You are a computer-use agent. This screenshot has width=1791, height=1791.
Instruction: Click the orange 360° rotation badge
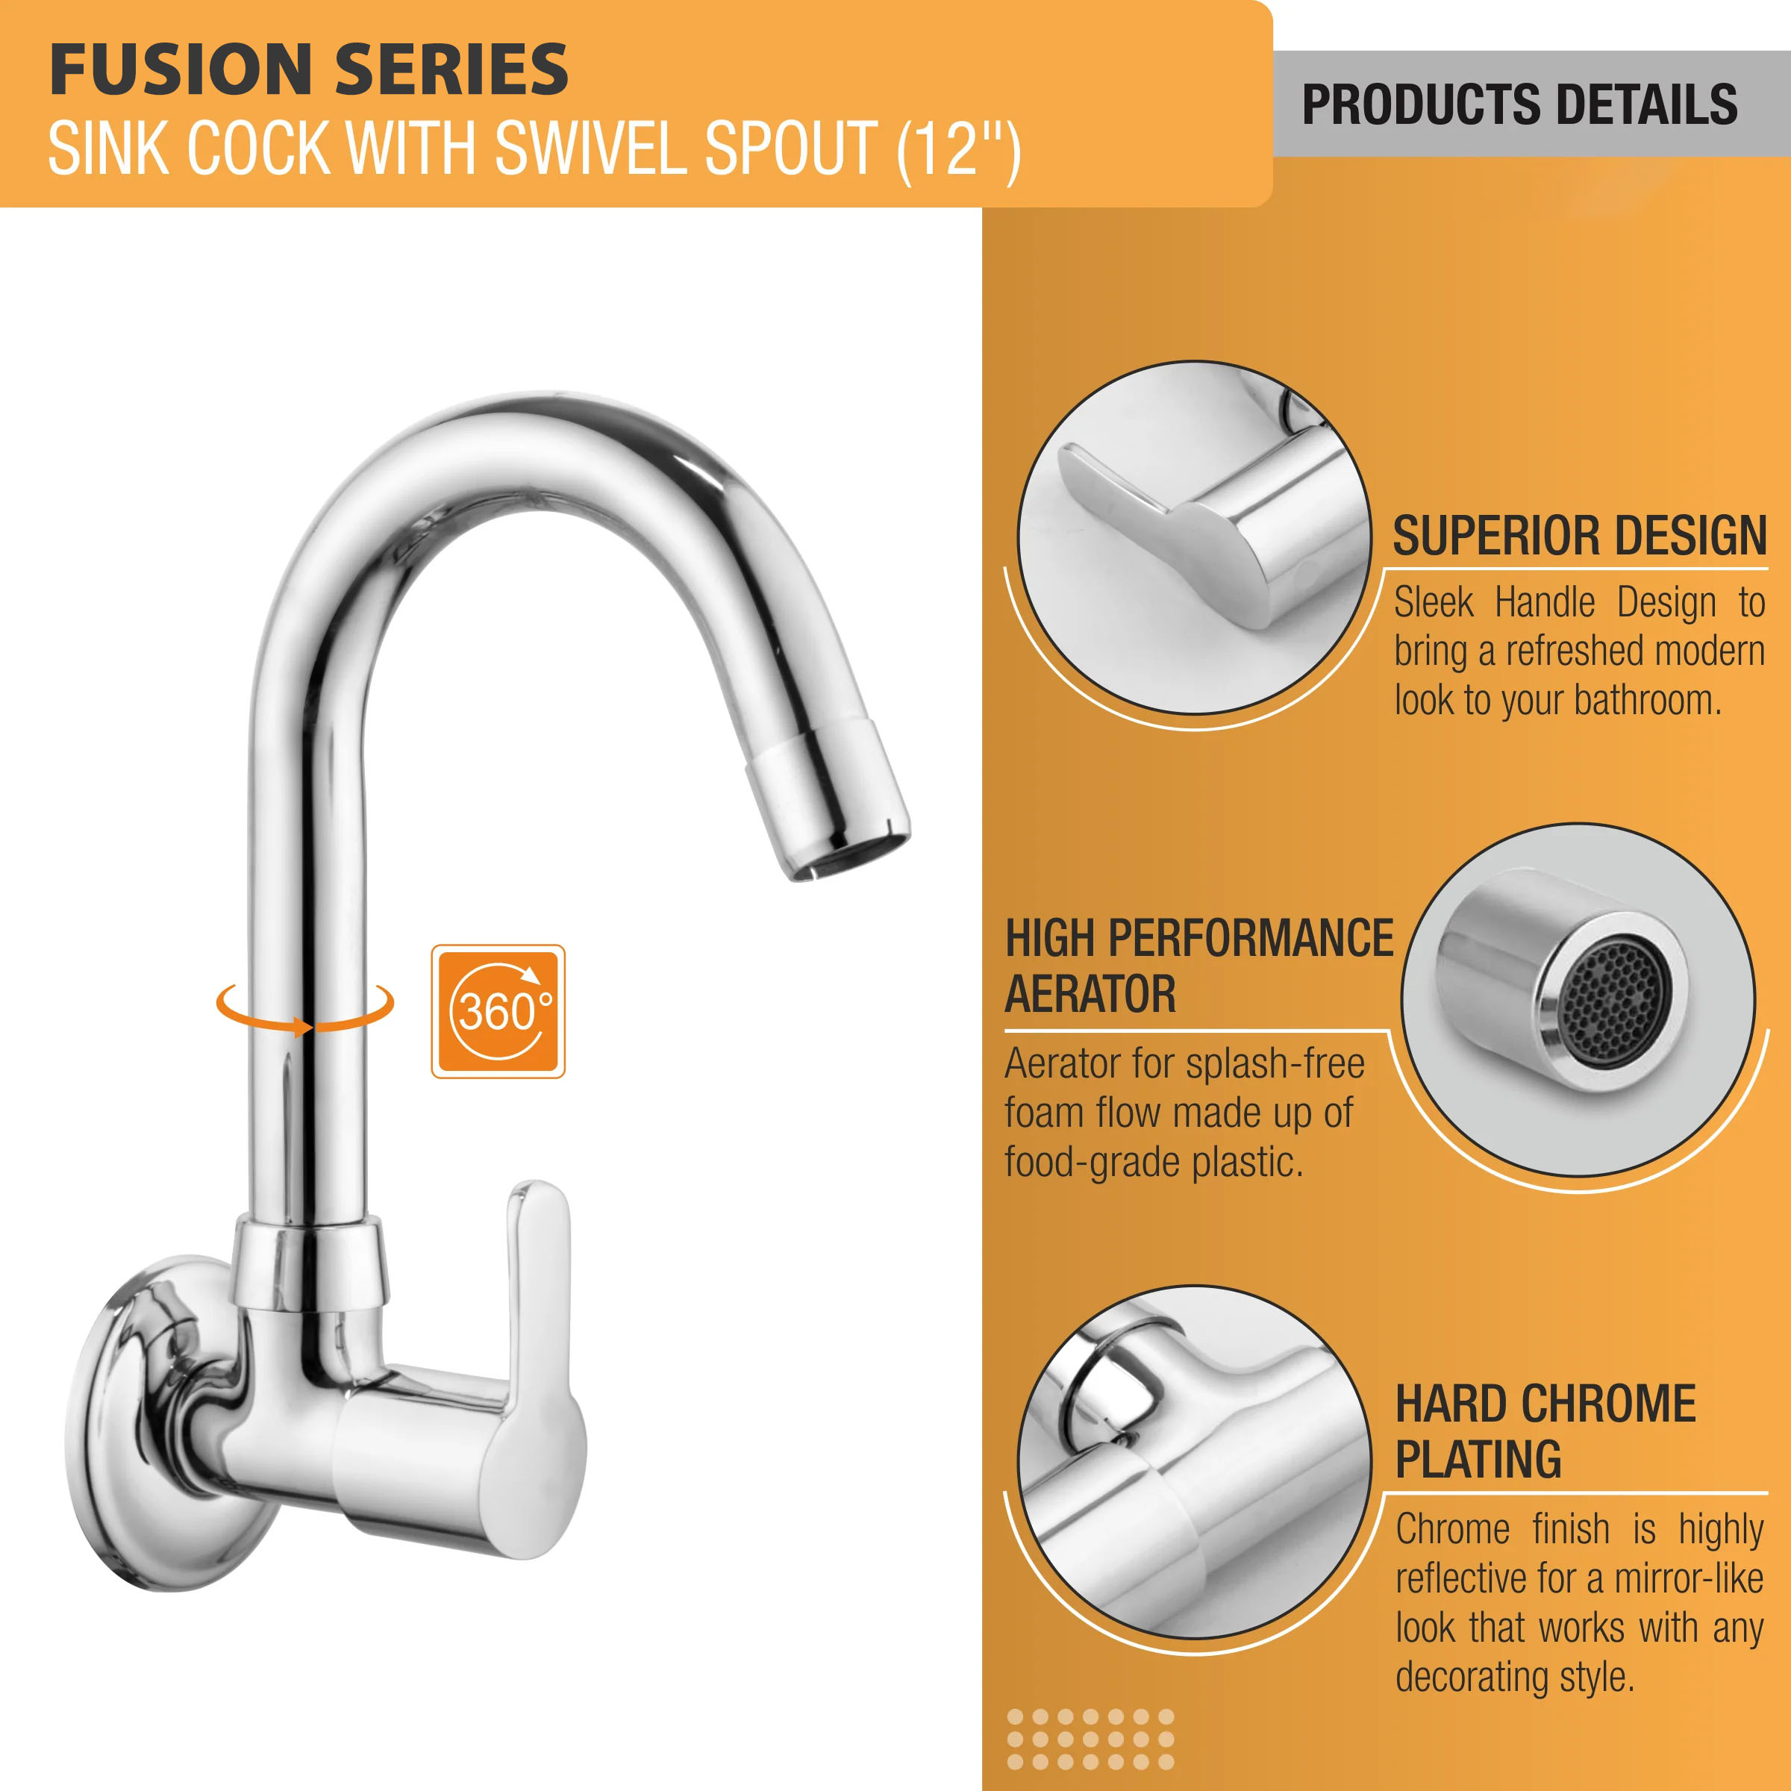click(x=498, y=1010)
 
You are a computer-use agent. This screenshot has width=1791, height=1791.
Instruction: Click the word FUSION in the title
click(x=180, y=69)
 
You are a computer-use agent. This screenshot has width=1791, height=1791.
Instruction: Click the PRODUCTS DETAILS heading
click(x=1519, y=104)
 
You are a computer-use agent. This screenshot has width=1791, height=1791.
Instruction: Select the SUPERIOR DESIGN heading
click(x=1580, y=536)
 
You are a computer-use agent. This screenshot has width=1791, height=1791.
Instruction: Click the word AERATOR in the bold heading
click(x=1090, y=995)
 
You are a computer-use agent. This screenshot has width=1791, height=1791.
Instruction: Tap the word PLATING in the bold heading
click(x=1478, y=1459)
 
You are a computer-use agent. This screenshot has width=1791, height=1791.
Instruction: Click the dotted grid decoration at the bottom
click(x=1090, y=1739)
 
